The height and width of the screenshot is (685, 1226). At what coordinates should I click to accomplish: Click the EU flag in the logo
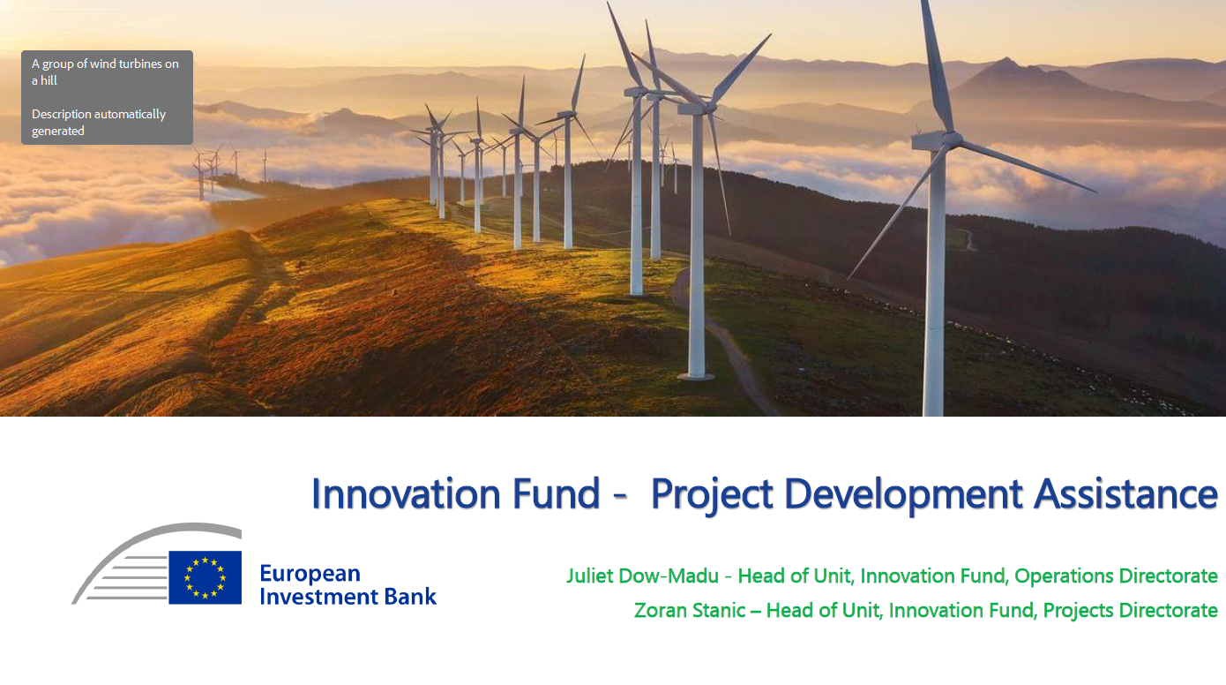pos(205,577)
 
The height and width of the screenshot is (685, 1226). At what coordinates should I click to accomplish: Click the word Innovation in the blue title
pos(406,494)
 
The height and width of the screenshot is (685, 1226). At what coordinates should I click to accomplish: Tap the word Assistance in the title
pos(1125,494)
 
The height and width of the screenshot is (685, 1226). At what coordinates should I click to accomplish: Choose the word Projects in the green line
pos(1078,611)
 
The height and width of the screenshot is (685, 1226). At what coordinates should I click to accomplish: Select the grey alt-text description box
pos(107,97)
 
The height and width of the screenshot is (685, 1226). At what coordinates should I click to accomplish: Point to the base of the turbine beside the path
pos(696,376)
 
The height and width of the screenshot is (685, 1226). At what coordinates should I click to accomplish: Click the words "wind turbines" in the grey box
pos(126,64)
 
